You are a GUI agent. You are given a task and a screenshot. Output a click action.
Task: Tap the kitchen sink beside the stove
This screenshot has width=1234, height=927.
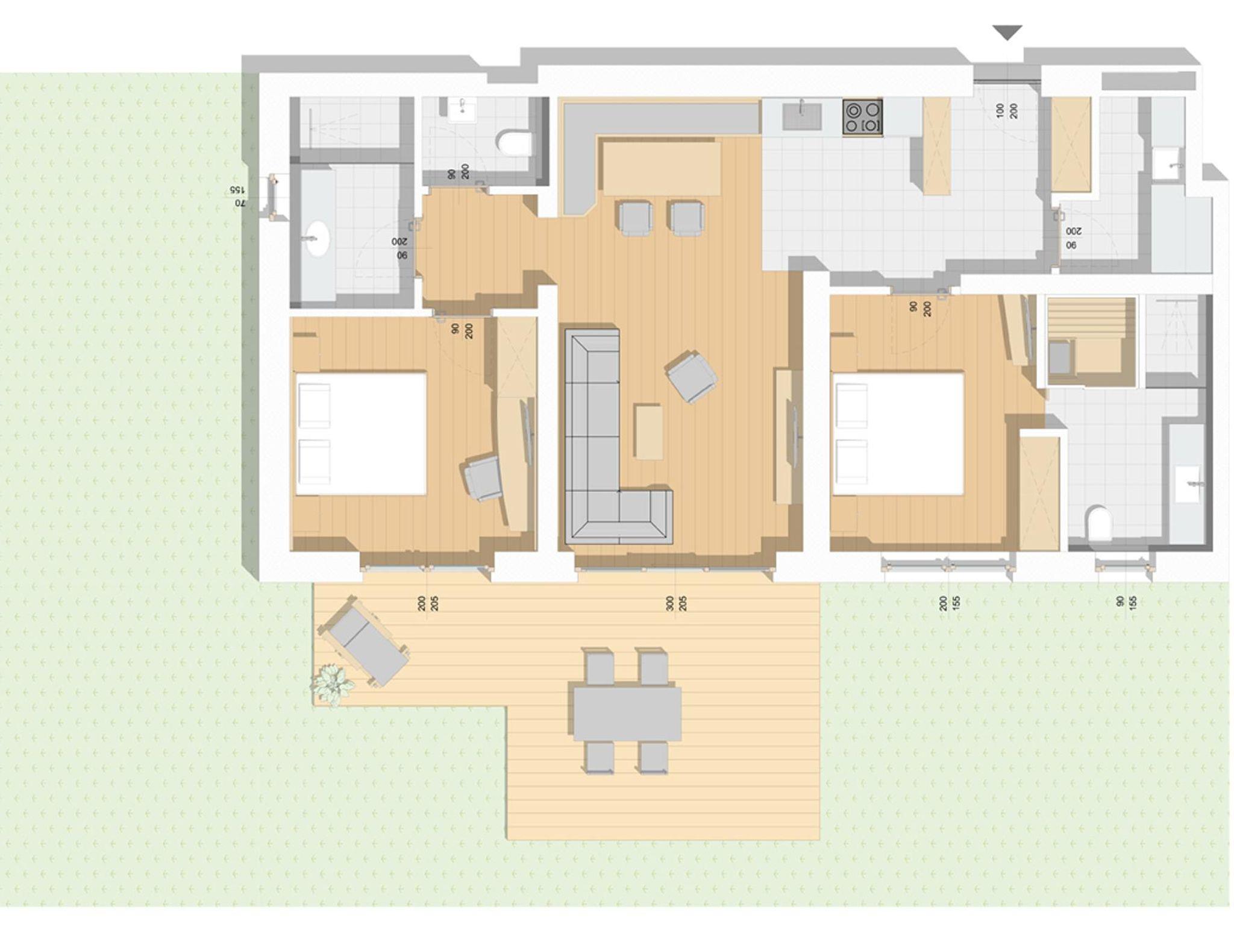coord(802,115)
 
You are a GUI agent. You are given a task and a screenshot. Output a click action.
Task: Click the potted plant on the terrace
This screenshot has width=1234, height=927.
coord(331,682)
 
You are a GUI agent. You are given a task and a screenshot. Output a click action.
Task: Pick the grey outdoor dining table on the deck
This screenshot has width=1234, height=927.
coord(627,714)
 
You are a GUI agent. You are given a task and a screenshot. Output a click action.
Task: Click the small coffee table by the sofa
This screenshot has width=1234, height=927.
coord(648,432)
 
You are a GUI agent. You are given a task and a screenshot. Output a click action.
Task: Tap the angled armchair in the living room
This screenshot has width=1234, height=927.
coord(692,376)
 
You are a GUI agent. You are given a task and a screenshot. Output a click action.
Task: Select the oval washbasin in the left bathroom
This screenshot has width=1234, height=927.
coord(318,237)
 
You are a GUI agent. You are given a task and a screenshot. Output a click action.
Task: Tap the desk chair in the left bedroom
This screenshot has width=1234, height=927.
coord(483,477)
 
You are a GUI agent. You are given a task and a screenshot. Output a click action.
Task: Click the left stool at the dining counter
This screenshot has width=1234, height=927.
coord(636,218)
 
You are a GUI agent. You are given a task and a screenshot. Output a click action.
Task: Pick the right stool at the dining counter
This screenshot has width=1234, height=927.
coord(686,218)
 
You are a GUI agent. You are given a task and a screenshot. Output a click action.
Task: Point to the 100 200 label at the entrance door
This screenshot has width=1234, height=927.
coord(1007,110)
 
